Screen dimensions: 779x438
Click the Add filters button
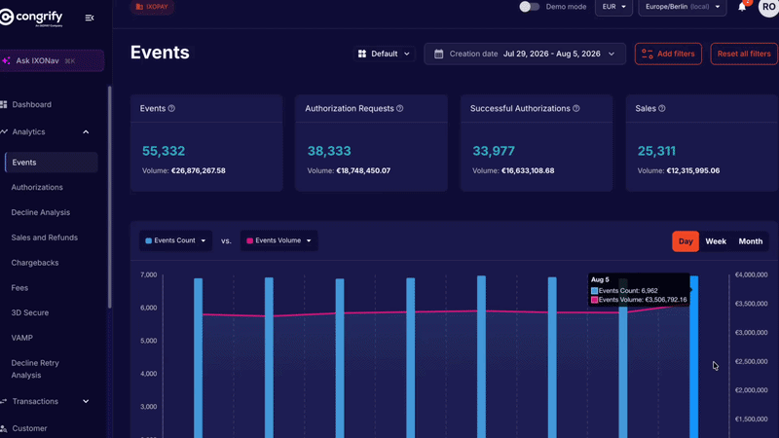pyautogui.click(x=668, y=54)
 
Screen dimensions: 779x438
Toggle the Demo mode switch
pyautogui.click(x=529, y=7)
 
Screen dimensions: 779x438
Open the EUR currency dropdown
pyautogui.click(x=614, y=7)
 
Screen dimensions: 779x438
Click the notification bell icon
pyautogui.click(x=742, y=7)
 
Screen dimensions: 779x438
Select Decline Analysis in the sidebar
pyautogui.click(x=41, y=212)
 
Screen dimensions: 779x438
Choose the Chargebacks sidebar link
pyautogui.click(x=35, y=263)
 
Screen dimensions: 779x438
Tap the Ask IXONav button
pyautogui.click(x=53, y=60)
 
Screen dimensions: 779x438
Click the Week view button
pyautogui.click(x=716, y=241)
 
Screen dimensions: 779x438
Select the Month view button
pyautogui.click(x=750, y=241)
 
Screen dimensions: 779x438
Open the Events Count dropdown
pyautogui.click(x=175, y=240)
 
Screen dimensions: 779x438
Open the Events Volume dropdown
pyautogui.click(x=279, y=240)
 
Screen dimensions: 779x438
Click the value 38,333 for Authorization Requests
pyautogui.click(x=329, y=151)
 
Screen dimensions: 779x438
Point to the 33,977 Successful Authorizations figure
pyautogui.click(x=494, y=151)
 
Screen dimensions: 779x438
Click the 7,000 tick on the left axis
pyautogui.click(x=149, y=274)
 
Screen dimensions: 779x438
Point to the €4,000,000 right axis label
pyautogui.click(x=751, y=274)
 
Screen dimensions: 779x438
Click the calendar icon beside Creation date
pyautogui.click(x=439, y=54)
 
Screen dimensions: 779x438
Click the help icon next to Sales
pyautogui.click(x=662, y=108)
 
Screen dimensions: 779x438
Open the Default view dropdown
pyautogui.click(x=384, y=54)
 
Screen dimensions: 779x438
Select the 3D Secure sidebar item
pyautogui.click(x=30, y=312)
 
